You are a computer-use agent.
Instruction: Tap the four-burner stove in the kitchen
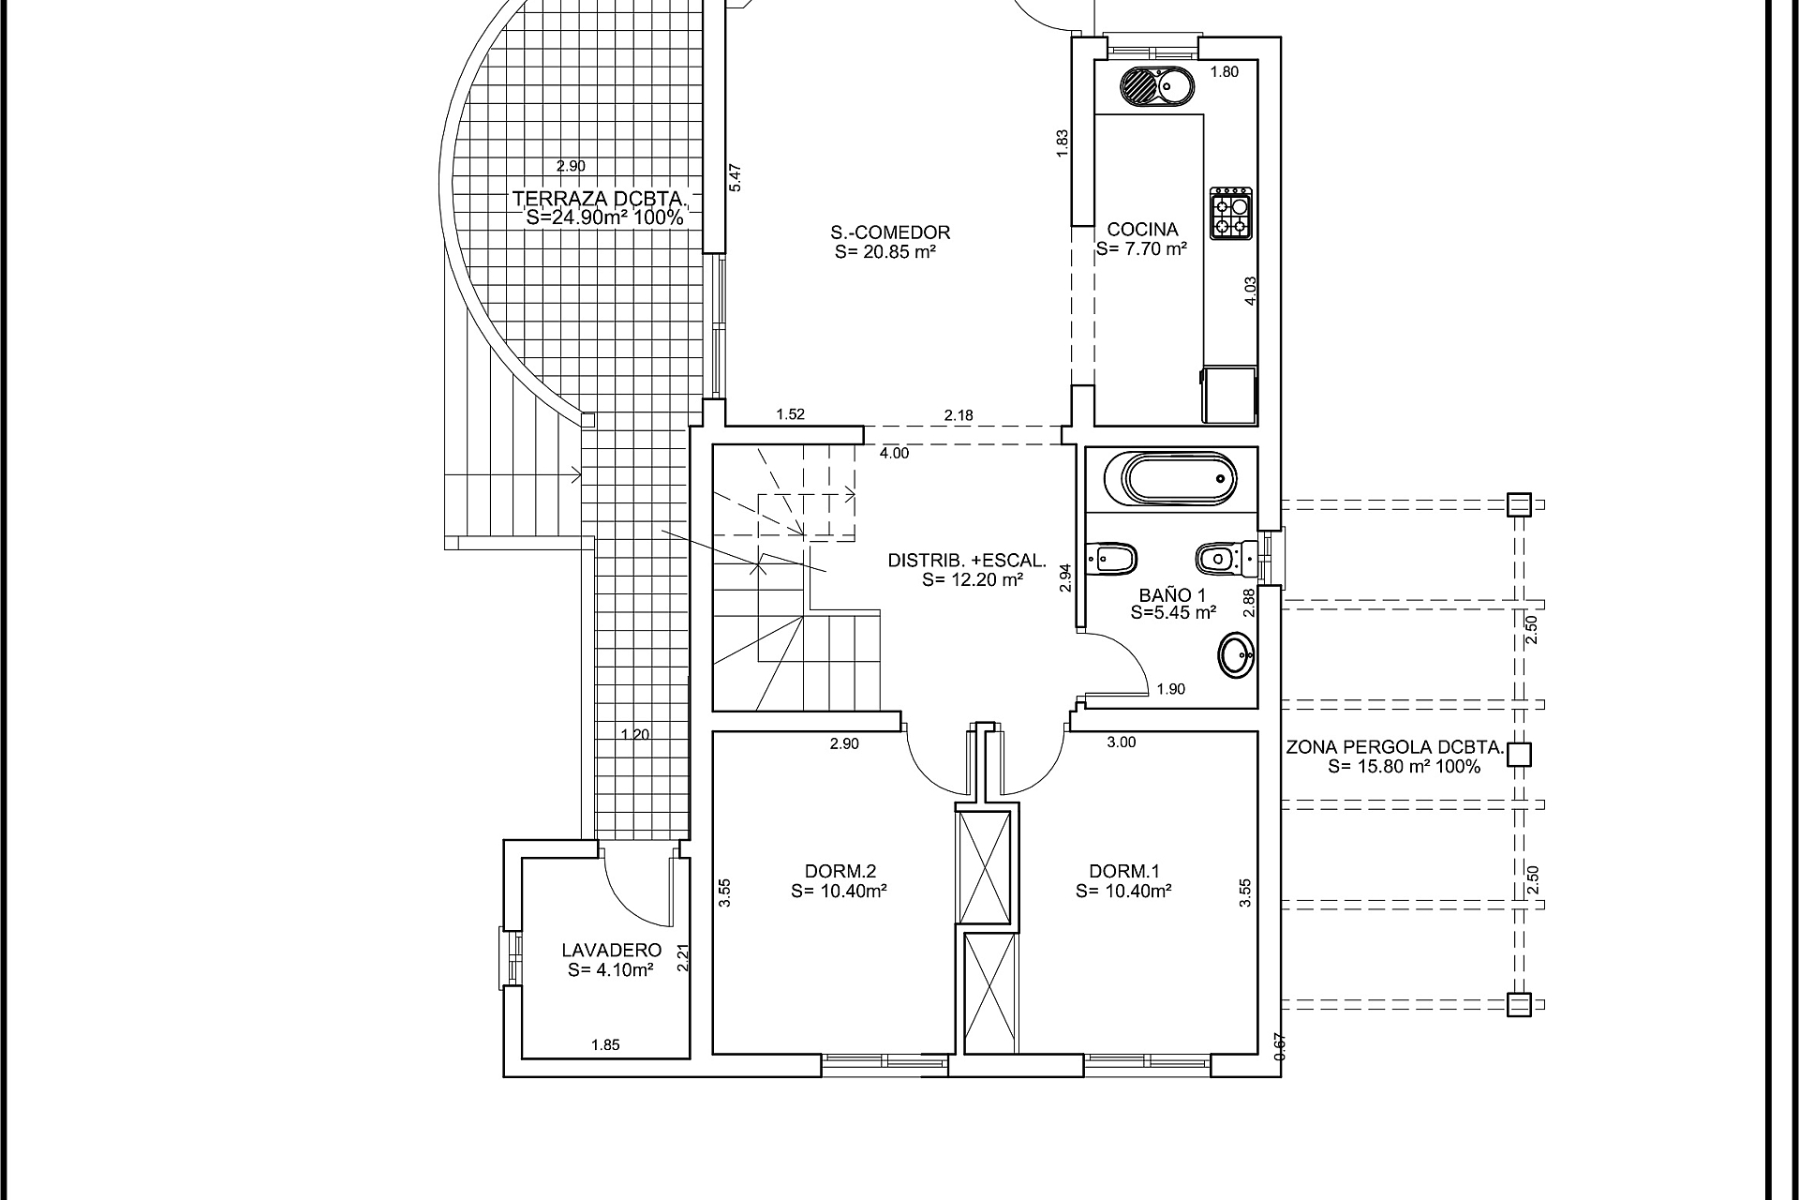click(1231, 214)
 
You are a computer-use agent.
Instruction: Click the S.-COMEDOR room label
click(889, 232)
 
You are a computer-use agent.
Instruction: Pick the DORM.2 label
click(840, 870)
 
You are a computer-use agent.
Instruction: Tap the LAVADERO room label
click(611, 951)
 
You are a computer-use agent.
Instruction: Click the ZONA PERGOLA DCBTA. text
click(1394, 748)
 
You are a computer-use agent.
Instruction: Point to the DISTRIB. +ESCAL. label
click(966, 561)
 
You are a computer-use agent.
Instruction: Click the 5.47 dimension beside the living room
click(736, 178)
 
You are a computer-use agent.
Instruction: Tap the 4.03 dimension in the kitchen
click(1250, 291)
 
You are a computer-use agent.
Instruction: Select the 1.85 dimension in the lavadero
click(605, 1044)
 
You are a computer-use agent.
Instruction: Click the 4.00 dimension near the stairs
click(894, 454)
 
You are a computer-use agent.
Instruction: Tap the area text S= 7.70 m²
click(1141, 249)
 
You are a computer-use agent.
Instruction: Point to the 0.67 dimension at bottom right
click(1280, 1046)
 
